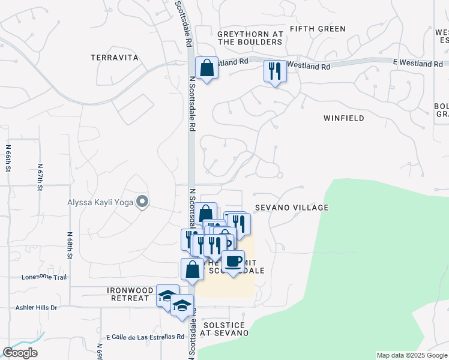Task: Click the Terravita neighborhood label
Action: point(115,58)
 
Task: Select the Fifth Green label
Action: point(318,29)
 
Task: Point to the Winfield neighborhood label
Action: point(344,118)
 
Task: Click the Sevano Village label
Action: point(292,208)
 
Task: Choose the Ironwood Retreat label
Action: point(128,294)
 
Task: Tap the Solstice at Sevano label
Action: point(225,328)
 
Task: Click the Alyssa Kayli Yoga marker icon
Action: point(142,202)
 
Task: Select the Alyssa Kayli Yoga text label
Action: point(100,202)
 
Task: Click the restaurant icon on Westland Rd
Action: point(275,71)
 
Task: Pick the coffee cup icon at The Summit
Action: point(234,261)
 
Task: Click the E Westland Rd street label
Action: point(420,63)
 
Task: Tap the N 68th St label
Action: point(70,246)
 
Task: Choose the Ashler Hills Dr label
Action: point(37,308)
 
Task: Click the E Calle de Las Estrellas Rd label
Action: point(145,337)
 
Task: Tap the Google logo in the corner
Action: point(20,353)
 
